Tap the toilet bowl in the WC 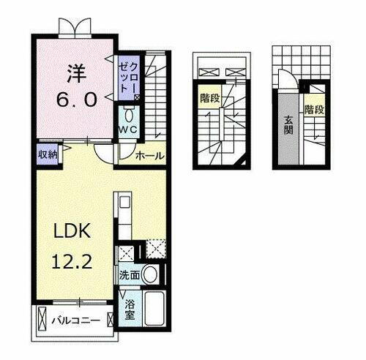129,116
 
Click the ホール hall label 150,156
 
